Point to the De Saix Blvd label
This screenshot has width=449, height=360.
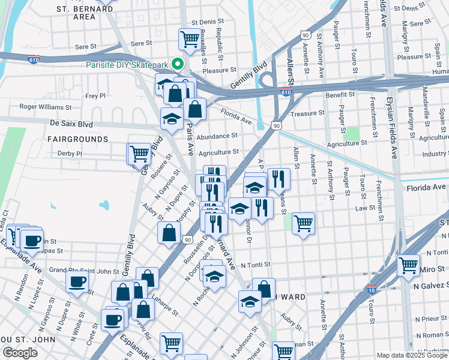pyautogui.click(x=71, y=124)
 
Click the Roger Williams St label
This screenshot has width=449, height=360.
pyautogui.click(x=46, y=107)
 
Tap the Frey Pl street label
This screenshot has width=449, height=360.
pyautogui.click(x=95, y=95)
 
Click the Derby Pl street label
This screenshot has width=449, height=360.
pyautogui.click(x=70, y=154)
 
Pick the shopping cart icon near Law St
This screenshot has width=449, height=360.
pyautogui.click(x=303, y=223)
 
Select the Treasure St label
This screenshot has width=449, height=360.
pyautogui.click(x=307, y=113)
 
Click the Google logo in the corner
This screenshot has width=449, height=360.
pyautogui.click(x=20, y=353)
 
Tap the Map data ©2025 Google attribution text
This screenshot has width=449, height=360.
pyautogui.click(x=412, y=355)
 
